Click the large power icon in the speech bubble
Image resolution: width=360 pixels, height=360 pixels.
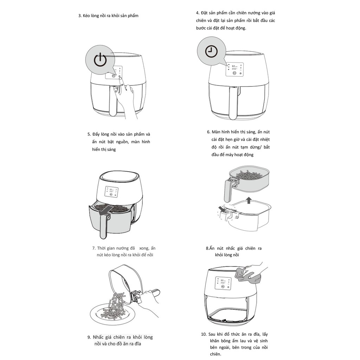tap(100, 60)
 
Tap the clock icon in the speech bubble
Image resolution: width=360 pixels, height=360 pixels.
tap(211, 51)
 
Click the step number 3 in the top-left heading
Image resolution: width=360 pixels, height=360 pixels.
tap(80, 16)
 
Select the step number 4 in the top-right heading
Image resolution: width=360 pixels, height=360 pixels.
tap(198, 13)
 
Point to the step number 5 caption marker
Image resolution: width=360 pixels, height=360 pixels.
tap(89, 134)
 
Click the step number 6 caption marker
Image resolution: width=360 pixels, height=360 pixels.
tap(208, 132)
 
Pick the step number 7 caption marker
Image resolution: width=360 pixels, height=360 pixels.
tap(94, 248)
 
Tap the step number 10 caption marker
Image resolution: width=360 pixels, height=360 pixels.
tap(204, 334)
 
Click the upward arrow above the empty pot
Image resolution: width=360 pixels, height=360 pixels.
tap(248, 200)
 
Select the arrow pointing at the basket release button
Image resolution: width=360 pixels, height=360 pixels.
tap(222, 209)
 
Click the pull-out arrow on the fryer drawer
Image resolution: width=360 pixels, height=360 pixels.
tap(105, 210)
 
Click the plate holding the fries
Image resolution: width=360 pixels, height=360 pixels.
tap(112, 314)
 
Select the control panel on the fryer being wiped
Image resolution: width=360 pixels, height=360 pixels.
tap(223, 283)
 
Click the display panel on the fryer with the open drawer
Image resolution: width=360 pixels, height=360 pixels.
tap(111, 192)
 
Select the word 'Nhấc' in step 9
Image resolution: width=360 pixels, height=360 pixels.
tap(98, 337)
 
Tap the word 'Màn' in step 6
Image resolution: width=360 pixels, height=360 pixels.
tap(216, 132)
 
